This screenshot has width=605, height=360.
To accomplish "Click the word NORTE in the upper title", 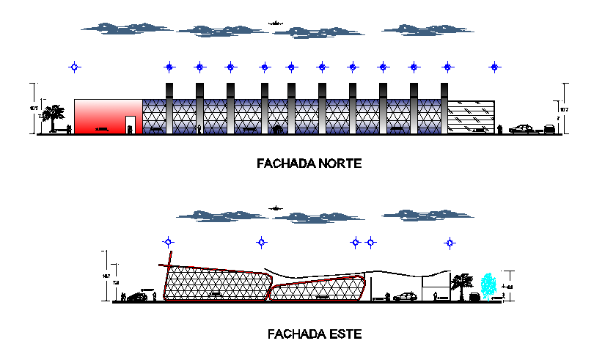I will coord(337,164).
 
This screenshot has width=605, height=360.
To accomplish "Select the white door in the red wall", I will coord(130,124).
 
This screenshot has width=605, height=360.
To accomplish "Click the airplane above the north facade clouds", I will coord(276,23).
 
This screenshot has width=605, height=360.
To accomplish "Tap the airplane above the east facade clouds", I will coord(276,208).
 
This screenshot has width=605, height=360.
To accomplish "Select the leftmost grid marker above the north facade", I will coord(75,67).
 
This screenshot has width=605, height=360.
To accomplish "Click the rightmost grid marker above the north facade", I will coord(496,67).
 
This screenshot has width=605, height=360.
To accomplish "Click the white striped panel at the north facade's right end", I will coord(471,117).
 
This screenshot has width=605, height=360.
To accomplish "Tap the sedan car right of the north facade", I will coord(521,129).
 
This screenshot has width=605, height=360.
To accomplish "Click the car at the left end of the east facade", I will coord(137,297).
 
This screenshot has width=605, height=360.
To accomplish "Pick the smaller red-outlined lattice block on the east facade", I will coord(317,290).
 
